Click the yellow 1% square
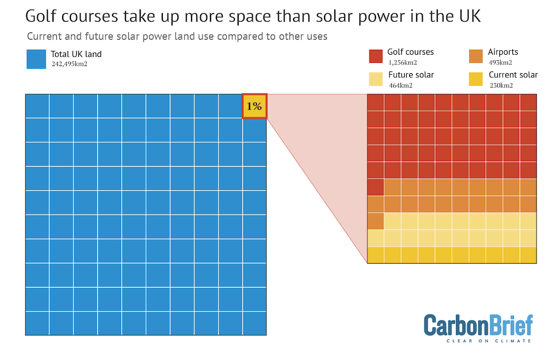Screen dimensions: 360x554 [254, 106]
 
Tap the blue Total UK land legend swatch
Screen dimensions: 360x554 [36, 60]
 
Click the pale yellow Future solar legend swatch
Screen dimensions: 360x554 [376, 79]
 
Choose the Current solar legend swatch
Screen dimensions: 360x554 [476, 79]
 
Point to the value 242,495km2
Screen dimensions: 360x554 [69, 64]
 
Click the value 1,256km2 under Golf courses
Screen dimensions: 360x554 [403, 62]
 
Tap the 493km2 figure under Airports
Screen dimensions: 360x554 [500, 62]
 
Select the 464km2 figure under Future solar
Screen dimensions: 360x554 [400, 85]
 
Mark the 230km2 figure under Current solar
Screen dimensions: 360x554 [501, 85]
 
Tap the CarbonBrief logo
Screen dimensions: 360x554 [478, 326]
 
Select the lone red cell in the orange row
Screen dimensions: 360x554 [375, 187]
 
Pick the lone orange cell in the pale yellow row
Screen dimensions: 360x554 [375, 221]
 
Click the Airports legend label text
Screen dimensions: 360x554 [503, 52]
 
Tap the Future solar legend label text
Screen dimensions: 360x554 [411, 75]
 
